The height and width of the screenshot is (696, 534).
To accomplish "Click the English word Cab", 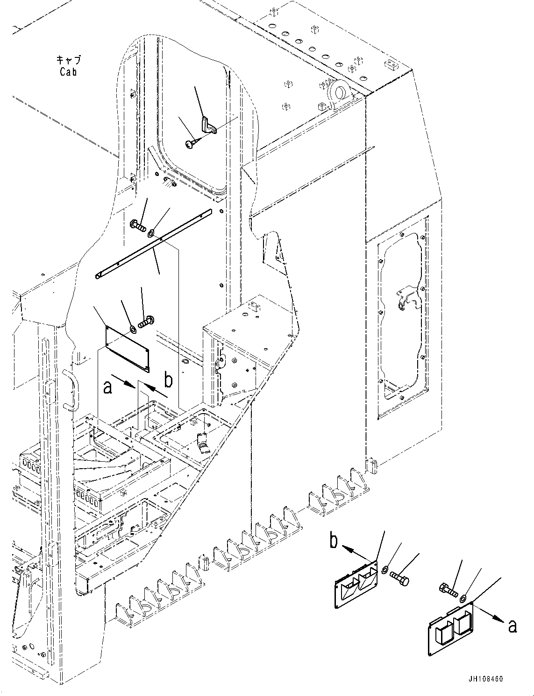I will click(x=68, y=72).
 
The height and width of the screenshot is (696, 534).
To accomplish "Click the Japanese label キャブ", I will click(x=68, y=60).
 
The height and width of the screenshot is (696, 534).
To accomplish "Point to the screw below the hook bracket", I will click(x=191, y=145).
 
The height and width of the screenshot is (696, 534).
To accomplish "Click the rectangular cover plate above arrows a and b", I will click(x=127, y=347).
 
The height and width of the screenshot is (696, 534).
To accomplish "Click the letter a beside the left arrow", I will click(x=108, y=387).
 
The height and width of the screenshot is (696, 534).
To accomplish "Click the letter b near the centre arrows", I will click(x=169, y=380).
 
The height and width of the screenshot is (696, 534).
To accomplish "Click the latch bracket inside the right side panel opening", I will click(x=406, y=298).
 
